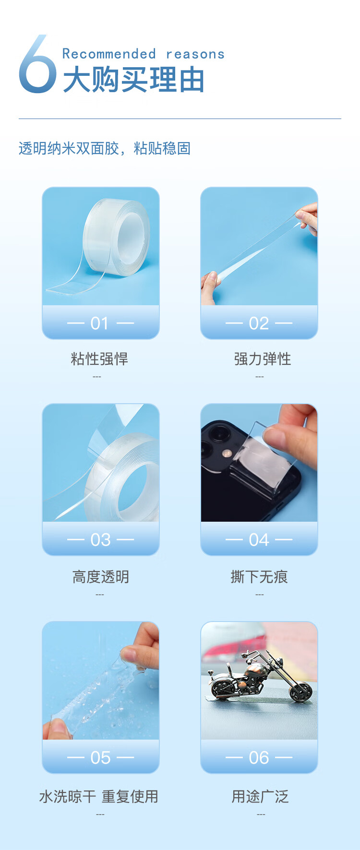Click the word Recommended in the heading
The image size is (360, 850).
(x=109, y=54)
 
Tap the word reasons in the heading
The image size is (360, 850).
(x=195, y=54)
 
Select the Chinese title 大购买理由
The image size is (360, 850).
(x=134, y=80)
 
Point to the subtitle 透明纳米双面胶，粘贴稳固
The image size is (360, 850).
(x=105, y=148)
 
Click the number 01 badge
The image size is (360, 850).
(x=100, y=323)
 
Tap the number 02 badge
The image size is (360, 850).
(x=259, y=323)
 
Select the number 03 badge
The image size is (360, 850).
(x=100, y=539)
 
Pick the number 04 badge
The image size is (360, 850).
(x=259, y=539)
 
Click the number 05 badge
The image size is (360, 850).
(x=100, y=757)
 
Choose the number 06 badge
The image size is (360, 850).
(x=259, y=757)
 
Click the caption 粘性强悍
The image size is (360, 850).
(x=99, y=359)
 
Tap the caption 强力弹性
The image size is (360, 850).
(x=262, y=359)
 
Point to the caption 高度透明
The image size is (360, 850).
(x=100, y=576)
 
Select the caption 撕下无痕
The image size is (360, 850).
(x=259, y=576)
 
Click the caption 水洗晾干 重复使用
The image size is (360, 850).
(x=98, y=797)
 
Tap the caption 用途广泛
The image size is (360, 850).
(x=260, y=797)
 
